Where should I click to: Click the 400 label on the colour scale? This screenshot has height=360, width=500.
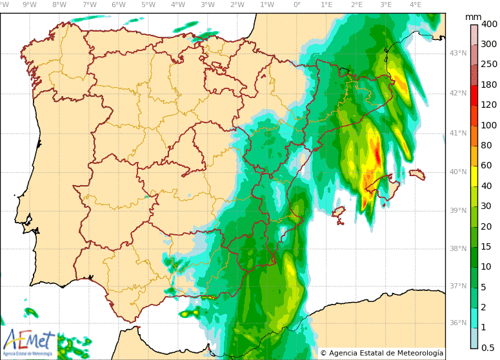pos(488,24)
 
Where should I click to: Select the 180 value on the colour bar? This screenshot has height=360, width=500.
pos(488,85)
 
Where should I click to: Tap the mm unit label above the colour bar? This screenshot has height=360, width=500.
pos(473,16)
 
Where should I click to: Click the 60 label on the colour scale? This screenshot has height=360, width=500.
pos(486,165)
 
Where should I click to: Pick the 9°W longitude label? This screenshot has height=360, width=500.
pos(29,5)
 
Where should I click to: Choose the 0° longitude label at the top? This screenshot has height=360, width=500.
pos(297,5)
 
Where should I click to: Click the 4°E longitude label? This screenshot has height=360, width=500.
pos(415,5)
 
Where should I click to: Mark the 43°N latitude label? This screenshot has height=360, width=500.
pos(457,53)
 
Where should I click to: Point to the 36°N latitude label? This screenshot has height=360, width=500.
pos(457,323)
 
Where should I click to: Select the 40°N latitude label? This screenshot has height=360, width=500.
pos(457,172)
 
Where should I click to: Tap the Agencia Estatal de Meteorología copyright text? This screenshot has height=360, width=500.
pos(381,353)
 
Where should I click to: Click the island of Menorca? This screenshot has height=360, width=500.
pos(417,174)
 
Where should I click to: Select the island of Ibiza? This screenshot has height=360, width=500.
pos(338,212)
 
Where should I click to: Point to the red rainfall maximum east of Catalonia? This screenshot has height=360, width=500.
pos(377,155)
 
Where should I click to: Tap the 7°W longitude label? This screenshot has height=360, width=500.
pos(89,5)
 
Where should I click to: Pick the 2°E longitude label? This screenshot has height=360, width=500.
pos(356,5)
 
